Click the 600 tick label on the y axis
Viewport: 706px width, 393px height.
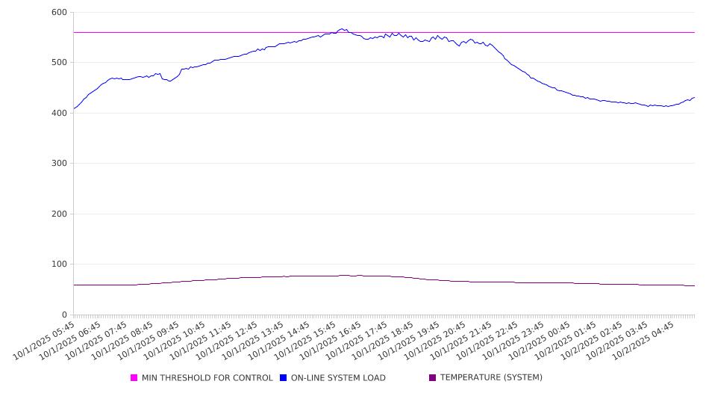[59, 13]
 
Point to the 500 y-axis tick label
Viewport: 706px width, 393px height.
[59, 63]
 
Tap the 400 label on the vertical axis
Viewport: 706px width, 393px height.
[59, 114]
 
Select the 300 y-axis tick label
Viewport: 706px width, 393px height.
[59, 164]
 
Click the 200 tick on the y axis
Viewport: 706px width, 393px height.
[59, 214]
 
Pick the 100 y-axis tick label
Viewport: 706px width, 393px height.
[59, 264]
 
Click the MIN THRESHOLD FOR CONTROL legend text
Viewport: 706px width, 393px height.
[207, 378]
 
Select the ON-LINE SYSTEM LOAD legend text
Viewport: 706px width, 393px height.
[338, 378]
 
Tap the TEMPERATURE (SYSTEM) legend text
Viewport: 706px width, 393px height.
[491, 378]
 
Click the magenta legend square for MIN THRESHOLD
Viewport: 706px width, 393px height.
[134, 378]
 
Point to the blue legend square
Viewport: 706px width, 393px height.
[284, 378]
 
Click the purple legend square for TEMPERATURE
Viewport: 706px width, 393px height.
[433, 378]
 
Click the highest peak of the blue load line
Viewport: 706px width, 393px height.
[343, 29]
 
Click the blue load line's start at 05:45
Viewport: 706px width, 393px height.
[74, 108]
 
